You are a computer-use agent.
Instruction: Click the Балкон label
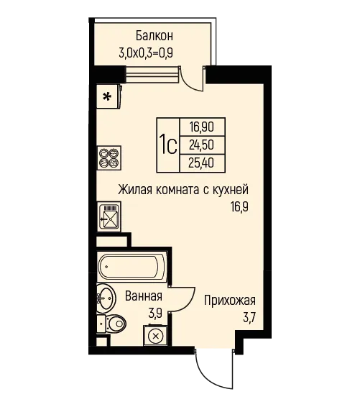(x=154, y=36)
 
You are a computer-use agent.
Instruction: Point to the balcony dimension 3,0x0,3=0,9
(x=146, y=53)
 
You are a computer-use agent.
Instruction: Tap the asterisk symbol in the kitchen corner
(x=107, y=96)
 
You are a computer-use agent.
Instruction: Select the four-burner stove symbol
(x=109, y=157)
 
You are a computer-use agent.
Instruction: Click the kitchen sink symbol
(x=109, y=216)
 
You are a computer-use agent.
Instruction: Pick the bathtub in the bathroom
(x=132, y=267)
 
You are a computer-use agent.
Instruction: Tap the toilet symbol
(x=111, y=324)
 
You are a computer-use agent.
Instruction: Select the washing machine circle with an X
(x=155, y=337)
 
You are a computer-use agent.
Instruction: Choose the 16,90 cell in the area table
(x=201, y=127)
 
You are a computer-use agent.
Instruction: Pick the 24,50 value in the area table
(x=201, y=145)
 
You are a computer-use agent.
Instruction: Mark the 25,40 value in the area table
(x=201, y=163)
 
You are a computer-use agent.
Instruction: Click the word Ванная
(x=144, y=296)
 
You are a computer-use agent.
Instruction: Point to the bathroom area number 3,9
(x=155, y=314)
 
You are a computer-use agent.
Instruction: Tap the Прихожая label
(x=230, y=301)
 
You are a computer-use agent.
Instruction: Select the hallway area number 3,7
(x=249, y=318)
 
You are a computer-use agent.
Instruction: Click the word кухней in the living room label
(x=231, y=190)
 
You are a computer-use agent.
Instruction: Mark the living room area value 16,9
(x=239, y=207)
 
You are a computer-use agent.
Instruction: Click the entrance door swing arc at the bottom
(x=208, y=372)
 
